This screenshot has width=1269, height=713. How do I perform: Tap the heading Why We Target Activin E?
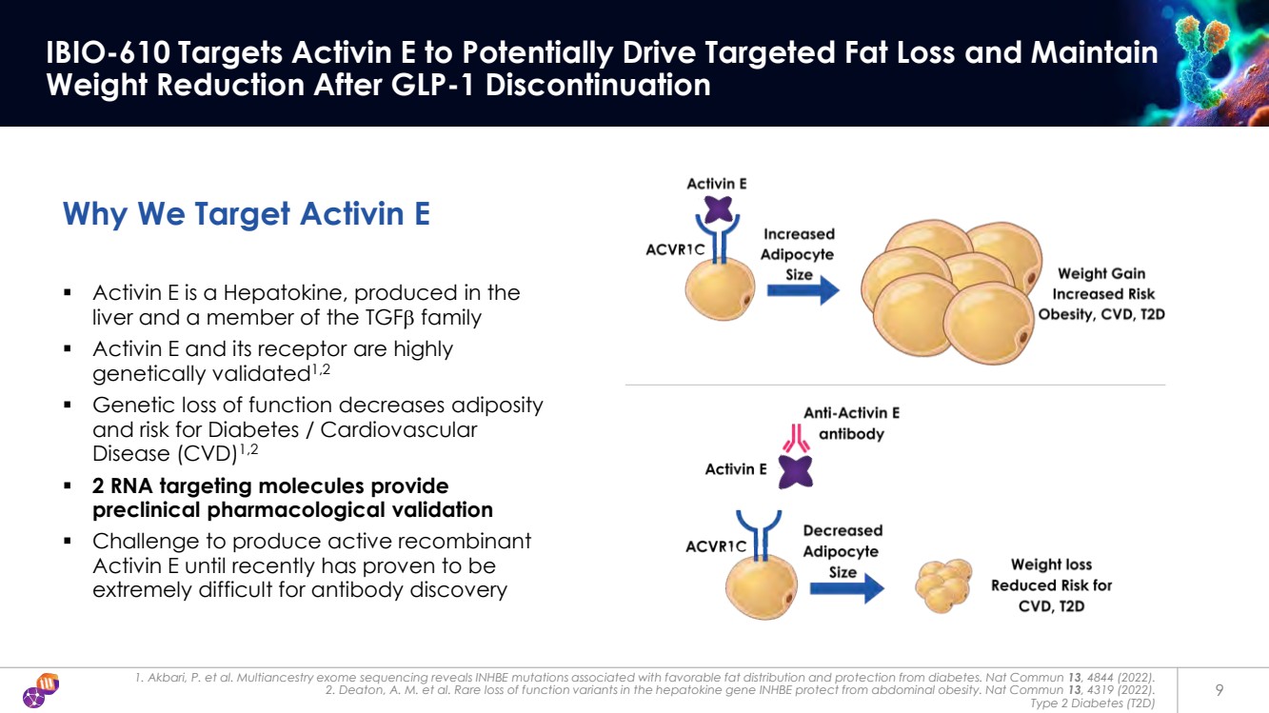(246, 213)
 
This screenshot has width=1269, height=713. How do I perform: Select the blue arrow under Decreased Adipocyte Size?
(846, 588)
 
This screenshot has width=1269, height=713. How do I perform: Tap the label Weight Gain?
(1101, 274)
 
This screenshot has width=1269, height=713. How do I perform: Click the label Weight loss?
(1051, 564)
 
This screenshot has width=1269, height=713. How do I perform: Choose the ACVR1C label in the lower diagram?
(716, 547)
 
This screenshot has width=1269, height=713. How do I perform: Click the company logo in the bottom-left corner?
(43, 690)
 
